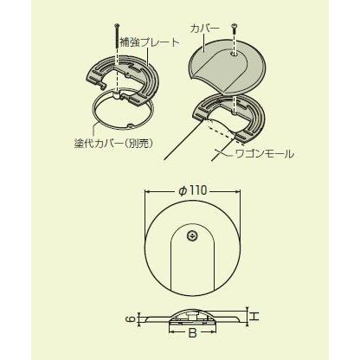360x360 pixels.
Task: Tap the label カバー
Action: (205, 29)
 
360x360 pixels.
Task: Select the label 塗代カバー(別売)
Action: (113, 144)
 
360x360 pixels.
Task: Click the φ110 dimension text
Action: (193, 190)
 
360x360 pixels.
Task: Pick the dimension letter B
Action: (192, 333)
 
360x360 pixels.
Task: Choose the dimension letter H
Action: (254, 317)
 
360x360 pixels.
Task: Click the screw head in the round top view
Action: (192, 235)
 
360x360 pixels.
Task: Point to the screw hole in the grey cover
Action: (235, 54)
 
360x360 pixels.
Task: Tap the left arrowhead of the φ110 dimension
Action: (146, 191)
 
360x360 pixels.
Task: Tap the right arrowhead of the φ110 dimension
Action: (239, 191)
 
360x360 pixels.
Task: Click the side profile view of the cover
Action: (192, 318)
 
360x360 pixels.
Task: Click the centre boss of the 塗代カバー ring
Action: (117, 95)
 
